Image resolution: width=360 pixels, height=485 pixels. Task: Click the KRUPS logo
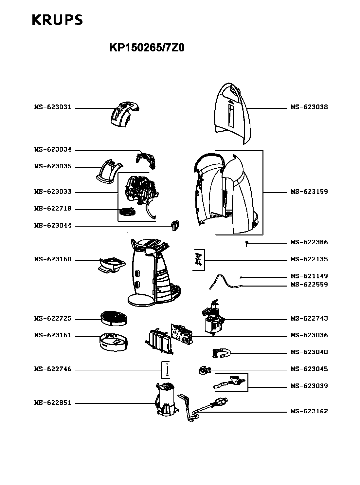coord(57,20)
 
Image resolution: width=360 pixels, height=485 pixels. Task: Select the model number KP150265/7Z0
coord(147,48)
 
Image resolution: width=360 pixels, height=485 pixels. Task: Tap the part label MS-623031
coord(53,107)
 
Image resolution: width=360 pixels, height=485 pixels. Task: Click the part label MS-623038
coord(309,107)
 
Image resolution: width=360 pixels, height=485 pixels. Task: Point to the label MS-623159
coord(309,192)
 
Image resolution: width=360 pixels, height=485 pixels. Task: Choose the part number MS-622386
coord(309,242)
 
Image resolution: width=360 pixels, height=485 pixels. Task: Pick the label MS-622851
coord(53,403)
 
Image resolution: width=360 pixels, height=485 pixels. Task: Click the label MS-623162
coord(309,411)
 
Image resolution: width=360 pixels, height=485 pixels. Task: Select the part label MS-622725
coord(53,319)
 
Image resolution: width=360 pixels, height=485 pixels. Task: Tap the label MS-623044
coord(53,226)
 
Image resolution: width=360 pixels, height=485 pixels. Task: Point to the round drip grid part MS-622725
coord(114,318)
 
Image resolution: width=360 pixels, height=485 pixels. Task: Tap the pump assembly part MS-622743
coord(213,319)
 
